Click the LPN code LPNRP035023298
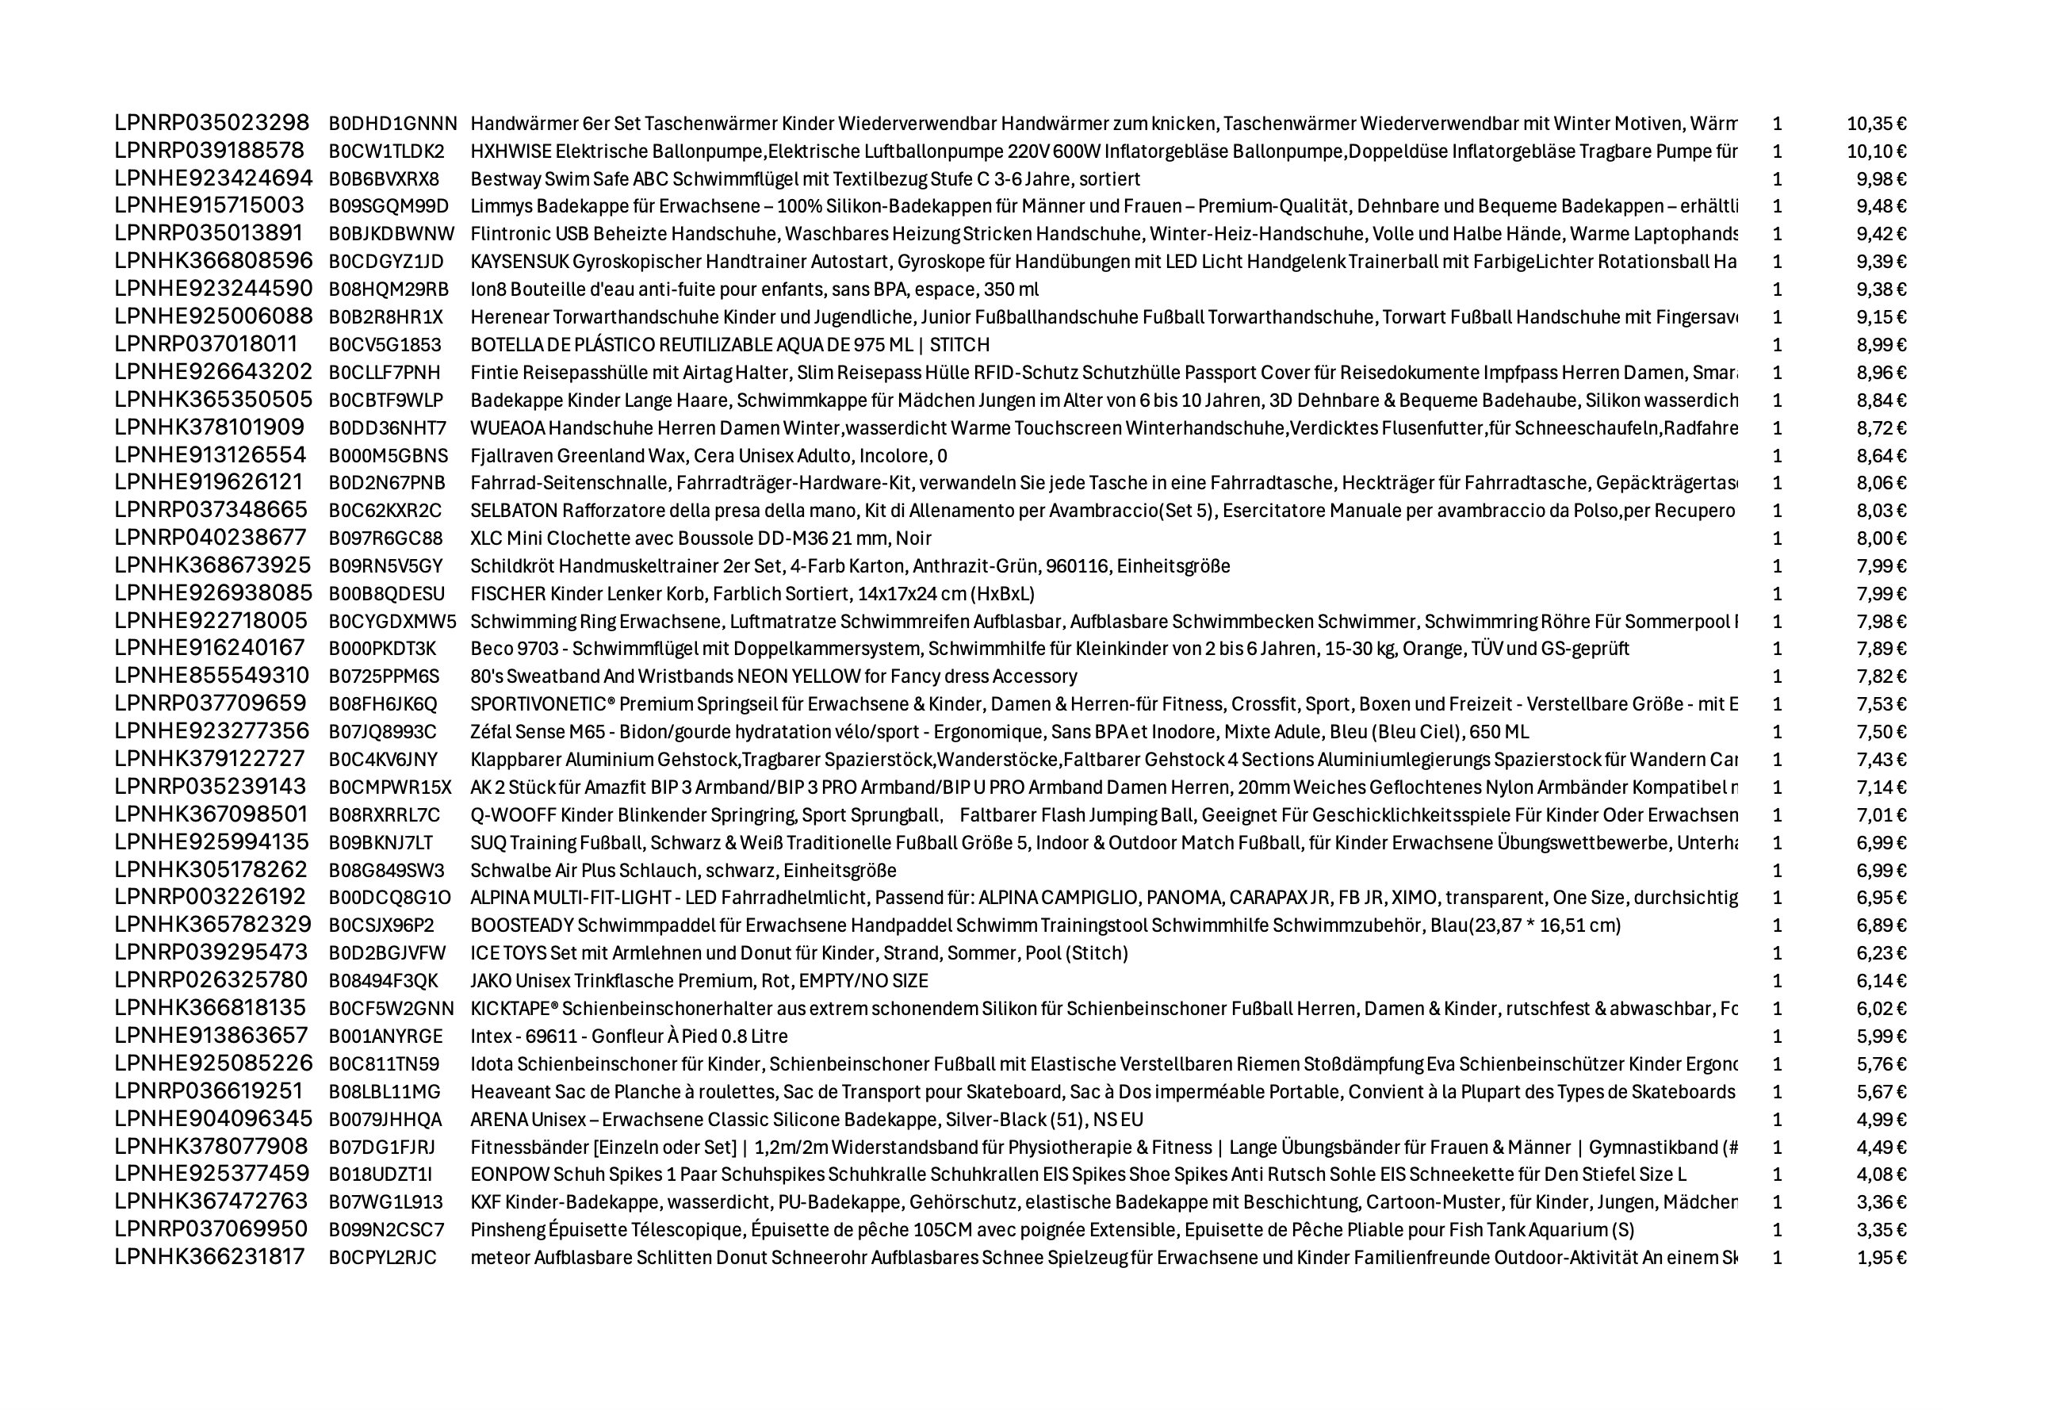(212, 123)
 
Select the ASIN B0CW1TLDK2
(387, 151)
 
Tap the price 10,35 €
(1876, 124)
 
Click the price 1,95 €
(1882, 1257)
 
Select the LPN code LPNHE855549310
(212, 676)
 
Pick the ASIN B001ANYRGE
(386, 1036)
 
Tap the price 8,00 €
(1882, 538)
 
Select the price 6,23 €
(1882, 953)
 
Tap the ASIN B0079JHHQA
(385, 1119)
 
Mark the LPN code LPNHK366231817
(210, 1257)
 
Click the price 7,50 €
(1882, 731)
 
